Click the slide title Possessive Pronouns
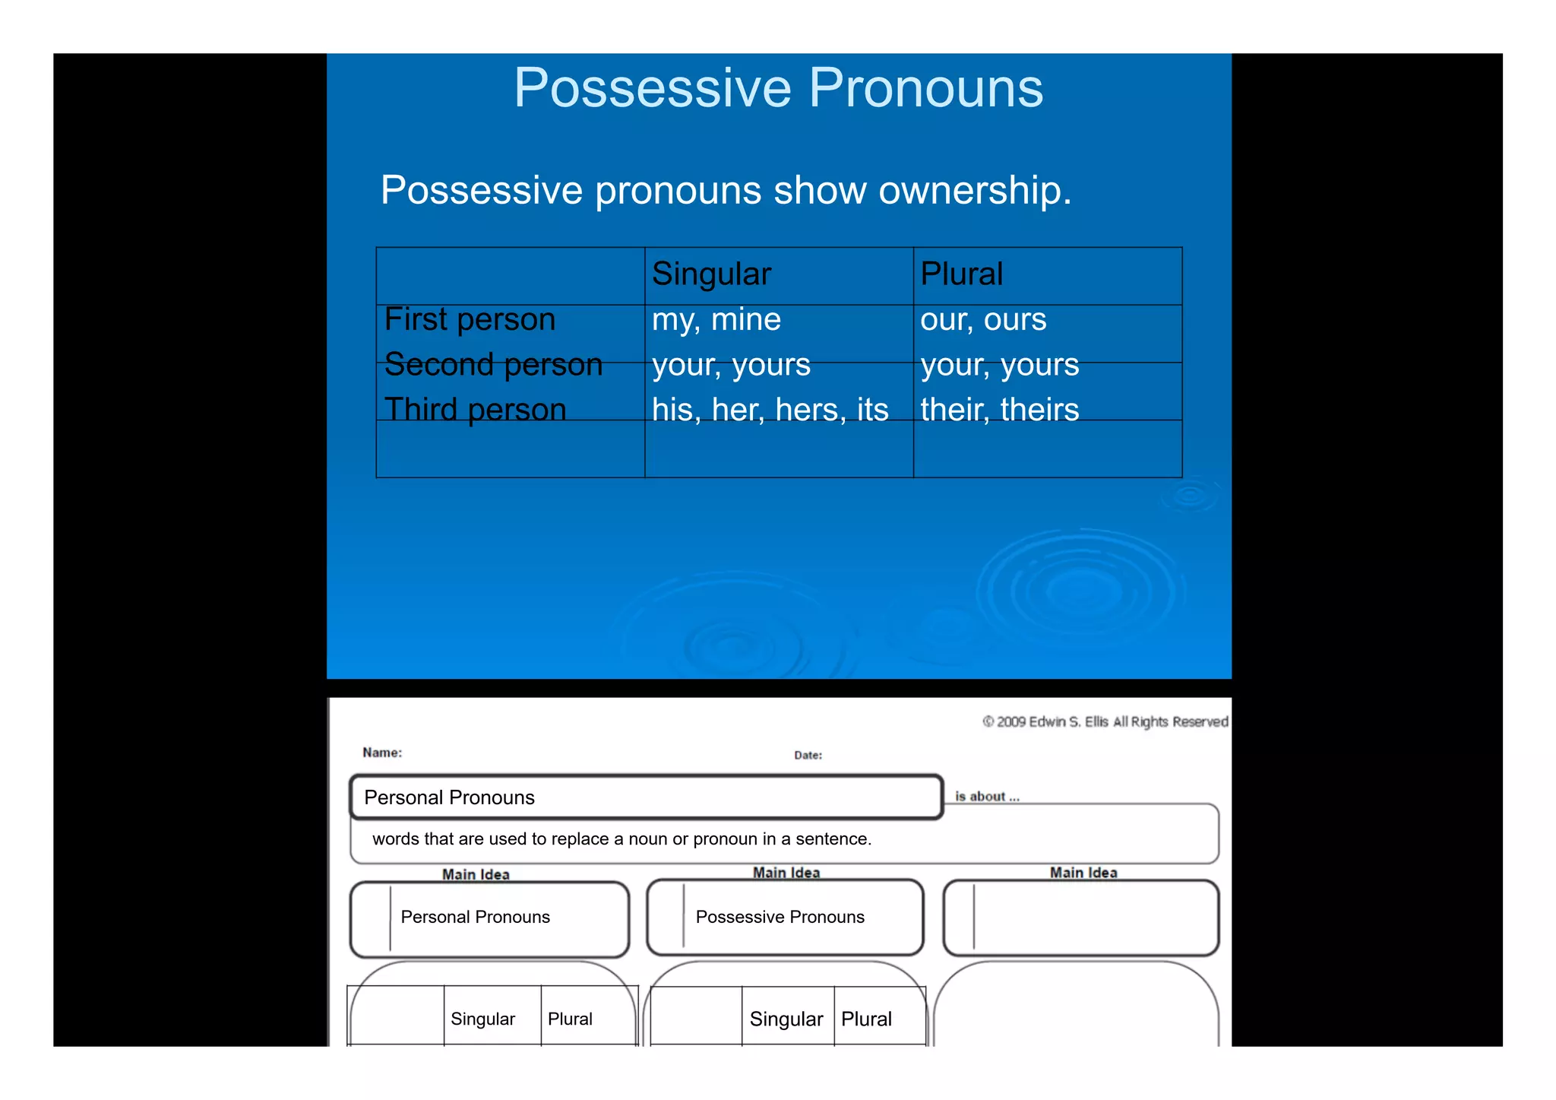click(778, 88)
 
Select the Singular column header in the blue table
click(711, 274)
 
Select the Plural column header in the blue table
click(961, 274)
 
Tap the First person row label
click(470, 319)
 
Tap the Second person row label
click(493, 365)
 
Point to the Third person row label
click(475, 410)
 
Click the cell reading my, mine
click(716, 320)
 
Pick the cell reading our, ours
click(983, 320)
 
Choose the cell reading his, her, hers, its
click(770, 411)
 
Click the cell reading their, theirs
click(999, 411)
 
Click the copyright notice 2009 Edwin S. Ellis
click(1105, 721)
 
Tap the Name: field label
click(382, 753)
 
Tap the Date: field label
click(808, 756)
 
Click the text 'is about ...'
click(987, 797)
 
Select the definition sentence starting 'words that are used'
click(621, 839)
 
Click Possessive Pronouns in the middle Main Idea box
click(780, 918)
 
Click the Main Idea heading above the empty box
click(1083, 873)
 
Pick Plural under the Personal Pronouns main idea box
click(570, 1019)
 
